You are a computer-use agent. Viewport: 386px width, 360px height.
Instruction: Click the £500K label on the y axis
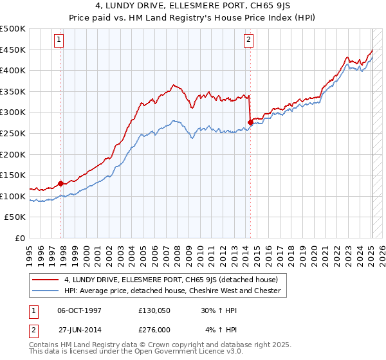click(13, 29)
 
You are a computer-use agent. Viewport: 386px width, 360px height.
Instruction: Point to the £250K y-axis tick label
click(13, 133)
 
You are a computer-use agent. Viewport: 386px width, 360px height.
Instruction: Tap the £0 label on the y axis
click(21, 238)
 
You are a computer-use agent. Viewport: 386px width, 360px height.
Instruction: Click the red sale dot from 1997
click(61, 183)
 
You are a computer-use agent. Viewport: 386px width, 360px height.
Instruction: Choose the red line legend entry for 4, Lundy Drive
click(170, 280)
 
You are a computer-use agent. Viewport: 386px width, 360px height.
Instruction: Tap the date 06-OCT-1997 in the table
click(80, 310)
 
